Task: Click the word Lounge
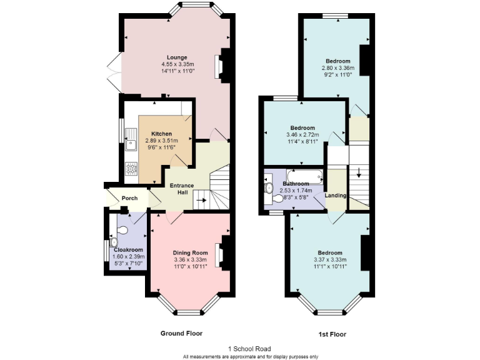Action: (176, 57)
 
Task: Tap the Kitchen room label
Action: (161, 134)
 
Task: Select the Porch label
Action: (129, 199)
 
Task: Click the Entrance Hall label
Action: (182, 189)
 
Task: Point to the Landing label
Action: (336, 196)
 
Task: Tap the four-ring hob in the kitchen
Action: (131, 169)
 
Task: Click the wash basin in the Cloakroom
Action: (114, 242)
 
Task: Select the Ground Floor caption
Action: (181, 333)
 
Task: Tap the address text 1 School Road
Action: (250, 349)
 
